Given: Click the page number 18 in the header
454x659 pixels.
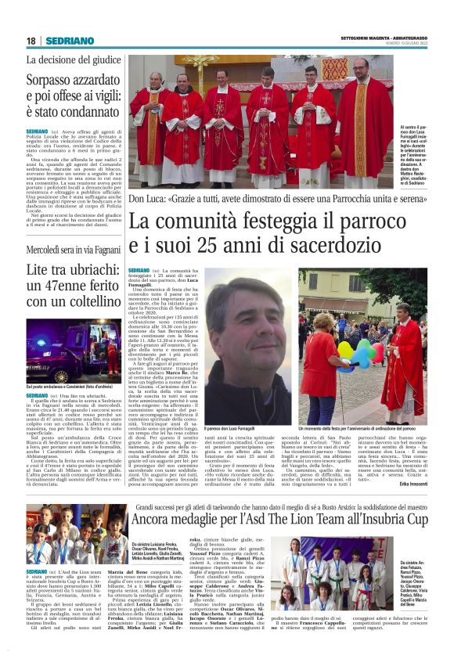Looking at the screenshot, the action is point(31,41).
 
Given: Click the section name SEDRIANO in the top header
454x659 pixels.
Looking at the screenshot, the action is point(70,41).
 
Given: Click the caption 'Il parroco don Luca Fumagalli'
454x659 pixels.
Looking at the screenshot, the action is point(235,429).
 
